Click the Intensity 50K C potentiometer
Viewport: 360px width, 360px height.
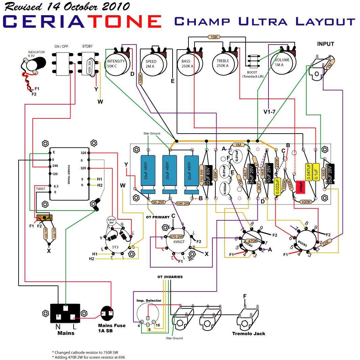pos(116,64)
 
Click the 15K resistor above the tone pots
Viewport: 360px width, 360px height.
pos(214,37)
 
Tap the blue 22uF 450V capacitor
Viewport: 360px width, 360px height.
pos(191,175)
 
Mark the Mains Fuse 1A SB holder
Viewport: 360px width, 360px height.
pos(109,314)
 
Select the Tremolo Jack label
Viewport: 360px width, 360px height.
pos(249,334)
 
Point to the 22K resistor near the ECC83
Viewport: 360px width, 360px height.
pos(327,242)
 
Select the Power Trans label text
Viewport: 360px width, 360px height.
pos(68,172)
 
